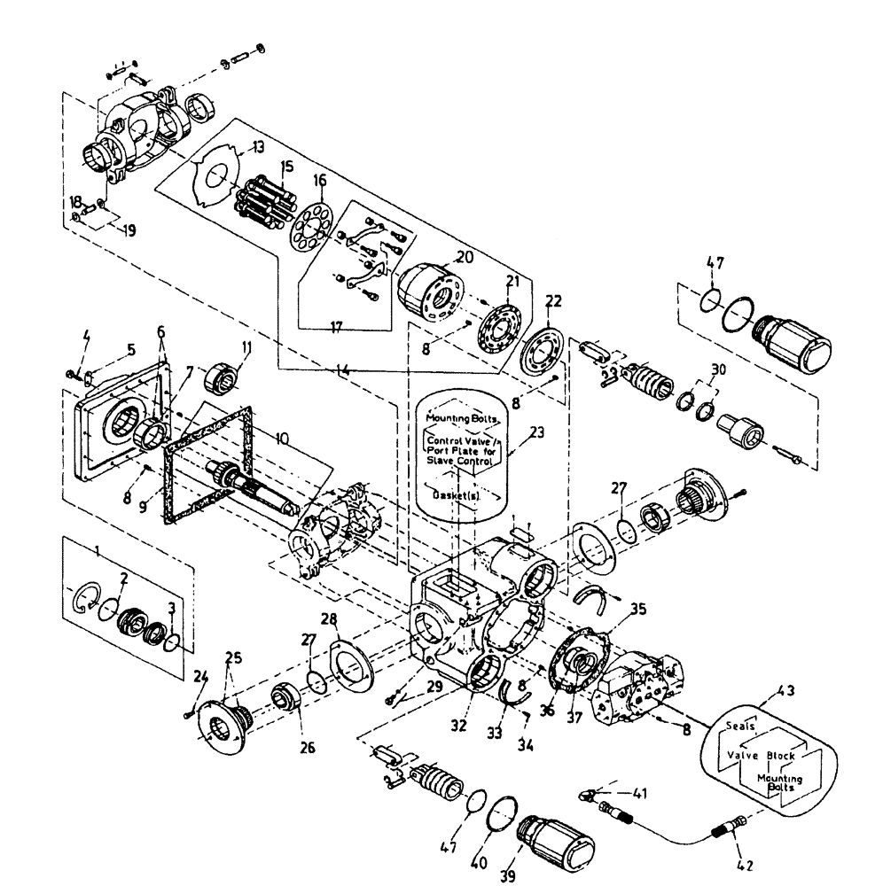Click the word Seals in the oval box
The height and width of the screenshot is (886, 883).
pyautogui.click(x=740, y=725)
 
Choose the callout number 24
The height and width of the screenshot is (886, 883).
pyautogui.click(x=199, y=680)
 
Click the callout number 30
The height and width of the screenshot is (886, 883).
pyautogui.click(x=718, y=369)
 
